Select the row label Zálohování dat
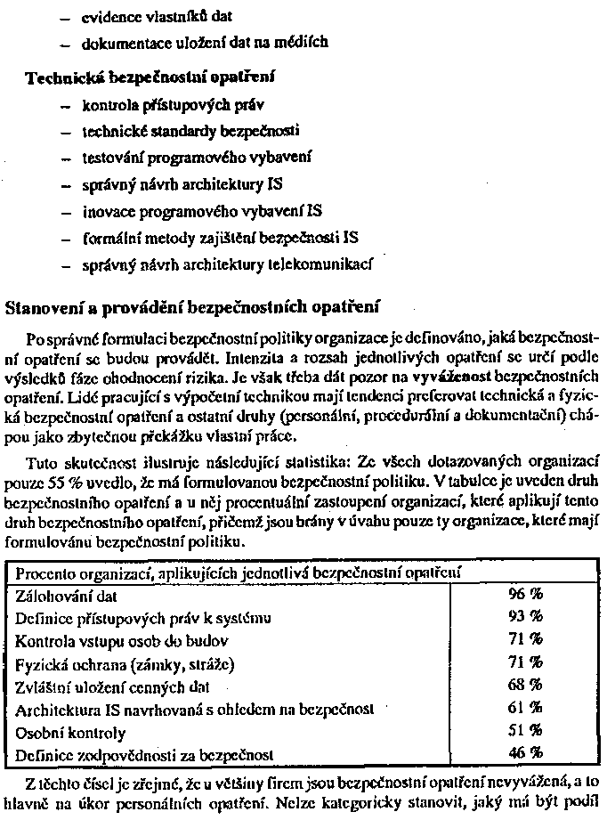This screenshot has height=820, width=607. pyautogui.click(x=67, y=596)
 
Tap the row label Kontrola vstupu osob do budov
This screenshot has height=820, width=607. pyautogui.click(x=122, y=640)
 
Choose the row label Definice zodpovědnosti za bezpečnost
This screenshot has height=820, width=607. pyautogui.click(x=143, y=756)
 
